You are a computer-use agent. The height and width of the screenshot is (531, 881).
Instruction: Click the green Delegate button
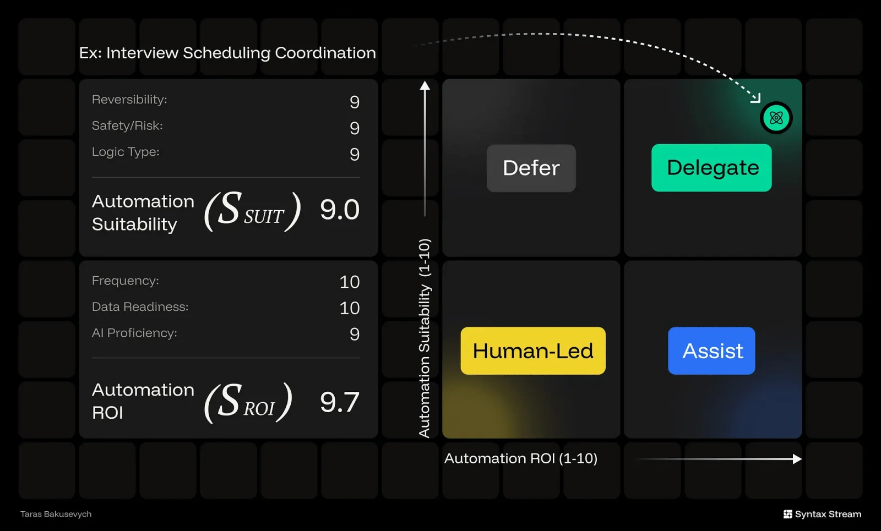(x=711, y=168)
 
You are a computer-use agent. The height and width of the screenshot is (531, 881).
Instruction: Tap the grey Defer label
(x=531, y=168)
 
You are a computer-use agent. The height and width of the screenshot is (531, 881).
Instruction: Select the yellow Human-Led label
(x=533, y=351)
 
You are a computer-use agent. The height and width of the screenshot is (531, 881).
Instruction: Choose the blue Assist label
(x=711, y=351)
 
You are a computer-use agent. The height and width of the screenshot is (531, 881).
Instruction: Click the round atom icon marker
(x=776, y=118)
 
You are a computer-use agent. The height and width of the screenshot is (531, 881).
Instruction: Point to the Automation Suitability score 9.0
(x=340, y=210)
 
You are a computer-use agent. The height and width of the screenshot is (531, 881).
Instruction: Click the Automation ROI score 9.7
(x=340, y=402)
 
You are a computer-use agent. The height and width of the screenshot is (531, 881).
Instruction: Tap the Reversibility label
(x=129, y=100)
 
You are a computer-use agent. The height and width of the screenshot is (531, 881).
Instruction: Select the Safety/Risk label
(x=127, y=126)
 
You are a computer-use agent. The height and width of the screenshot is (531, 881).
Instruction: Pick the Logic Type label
(x=126, y=152)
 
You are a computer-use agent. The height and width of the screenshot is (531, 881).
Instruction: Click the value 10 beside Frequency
(x=350, y=282)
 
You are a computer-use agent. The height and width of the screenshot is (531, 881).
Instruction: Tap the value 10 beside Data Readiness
(x=350, y=308)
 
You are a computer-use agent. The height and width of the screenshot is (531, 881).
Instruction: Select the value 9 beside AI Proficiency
(x=355, y=334)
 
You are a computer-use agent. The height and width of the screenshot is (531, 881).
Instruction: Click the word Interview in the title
(x=142, y=53)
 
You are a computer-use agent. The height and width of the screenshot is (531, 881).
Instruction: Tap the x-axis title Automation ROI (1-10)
(x=521, y=458)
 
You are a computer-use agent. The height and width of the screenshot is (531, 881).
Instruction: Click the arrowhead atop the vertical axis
(x=425, y=85)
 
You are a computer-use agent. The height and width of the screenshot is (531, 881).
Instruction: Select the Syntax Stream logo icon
(x=788, y=514)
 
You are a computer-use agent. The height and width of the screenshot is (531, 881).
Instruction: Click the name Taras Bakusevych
(x=56, y=514)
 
